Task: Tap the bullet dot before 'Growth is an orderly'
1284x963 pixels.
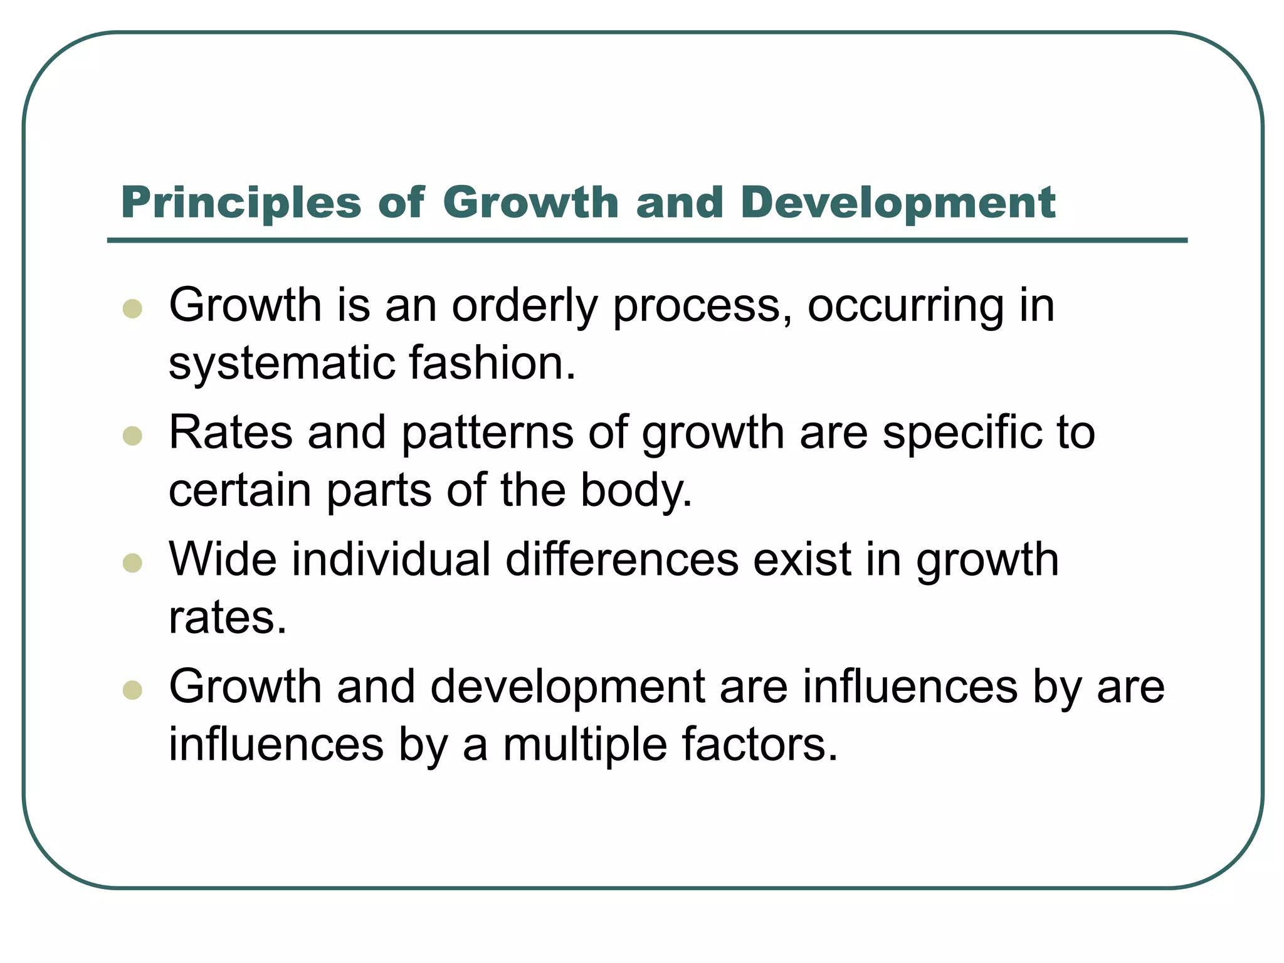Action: click(x=132, y=308)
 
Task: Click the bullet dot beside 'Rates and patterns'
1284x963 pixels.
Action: click(x=132, y=435)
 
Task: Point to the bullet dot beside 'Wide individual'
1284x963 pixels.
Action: click(x=132, y=562)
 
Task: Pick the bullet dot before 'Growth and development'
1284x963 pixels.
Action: click(x=132, y=690)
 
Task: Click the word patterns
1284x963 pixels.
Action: click(x=487, y=434)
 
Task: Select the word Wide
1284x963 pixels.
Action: click(x=223, y=559)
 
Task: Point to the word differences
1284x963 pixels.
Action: click(x=621, y=559)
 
